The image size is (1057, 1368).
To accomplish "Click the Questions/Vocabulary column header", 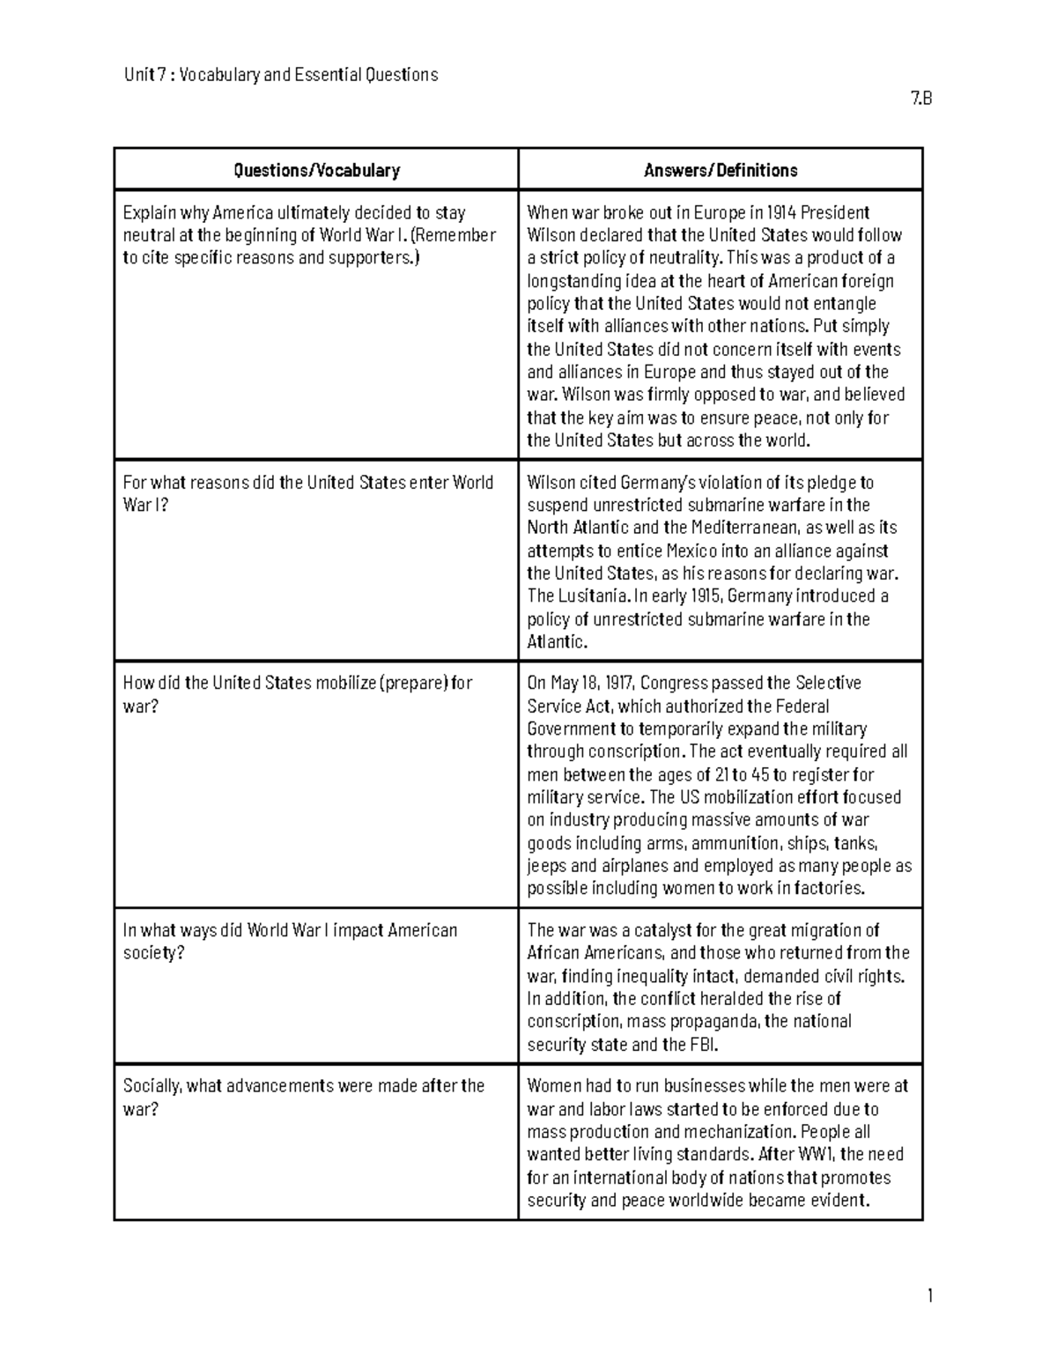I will [316, 170].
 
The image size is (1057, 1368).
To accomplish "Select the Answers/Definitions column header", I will [721, 170].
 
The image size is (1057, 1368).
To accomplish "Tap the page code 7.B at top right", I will [921, 99].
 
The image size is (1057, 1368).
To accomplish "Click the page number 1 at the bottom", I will [928, 1296].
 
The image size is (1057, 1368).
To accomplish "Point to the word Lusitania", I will [594, 596].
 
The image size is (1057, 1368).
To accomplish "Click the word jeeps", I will [547, 866].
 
